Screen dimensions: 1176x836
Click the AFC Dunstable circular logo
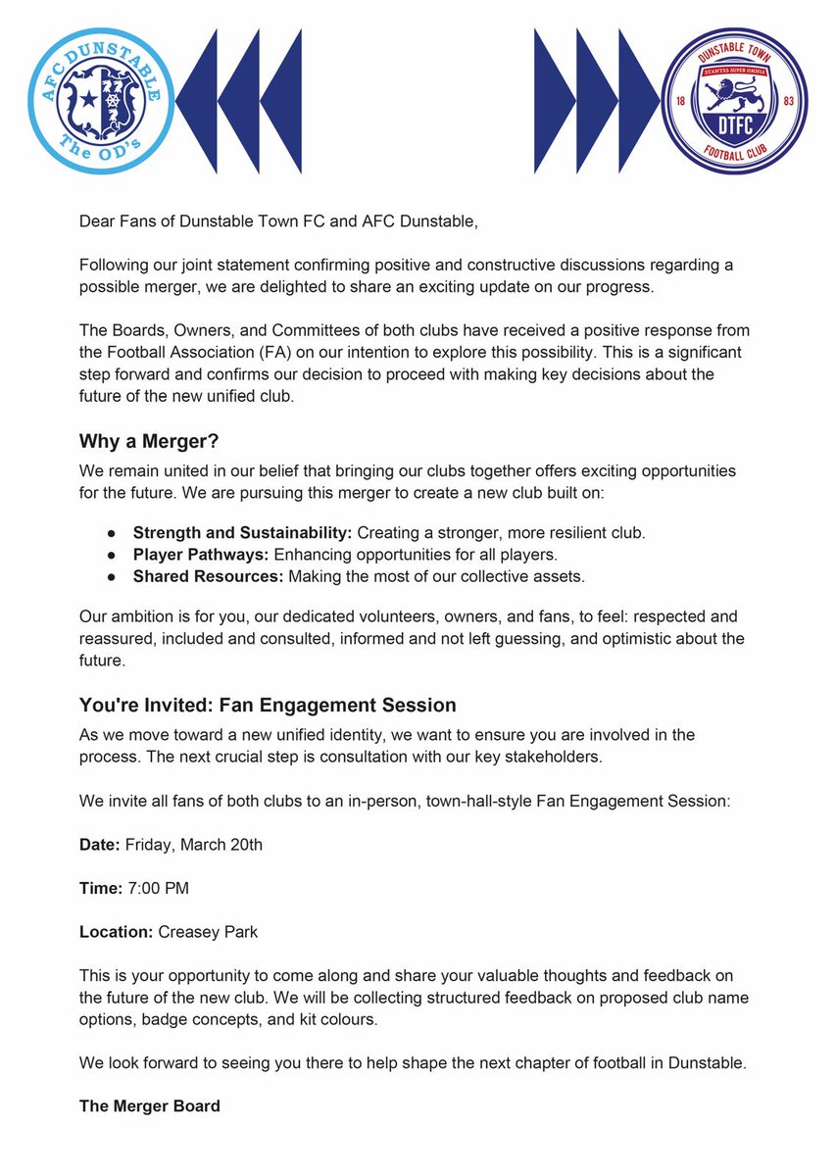pos(101,101)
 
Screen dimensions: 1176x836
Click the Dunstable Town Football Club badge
pos(734,101)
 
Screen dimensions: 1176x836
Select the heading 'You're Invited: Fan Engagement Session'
pos(268,705)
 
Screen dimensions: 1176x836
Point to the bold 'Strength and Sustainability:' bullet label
pos(242,533)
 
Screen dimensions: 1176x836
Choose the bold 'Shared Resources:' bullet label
pos(207,576)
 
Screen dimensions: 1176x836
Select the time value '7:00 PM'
pos(158,888)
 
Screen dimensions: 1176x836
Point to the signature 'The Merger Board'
pos(150,1106)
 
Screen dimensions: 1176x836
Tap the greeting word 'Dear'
pos(97,220)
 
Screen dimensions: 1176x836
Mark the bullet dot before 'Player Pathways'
pos(113,556)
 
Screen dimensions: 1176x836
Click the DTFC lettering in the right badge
pos(735,123)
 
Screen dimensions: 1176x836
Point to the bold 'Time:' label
pos(101,888)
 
